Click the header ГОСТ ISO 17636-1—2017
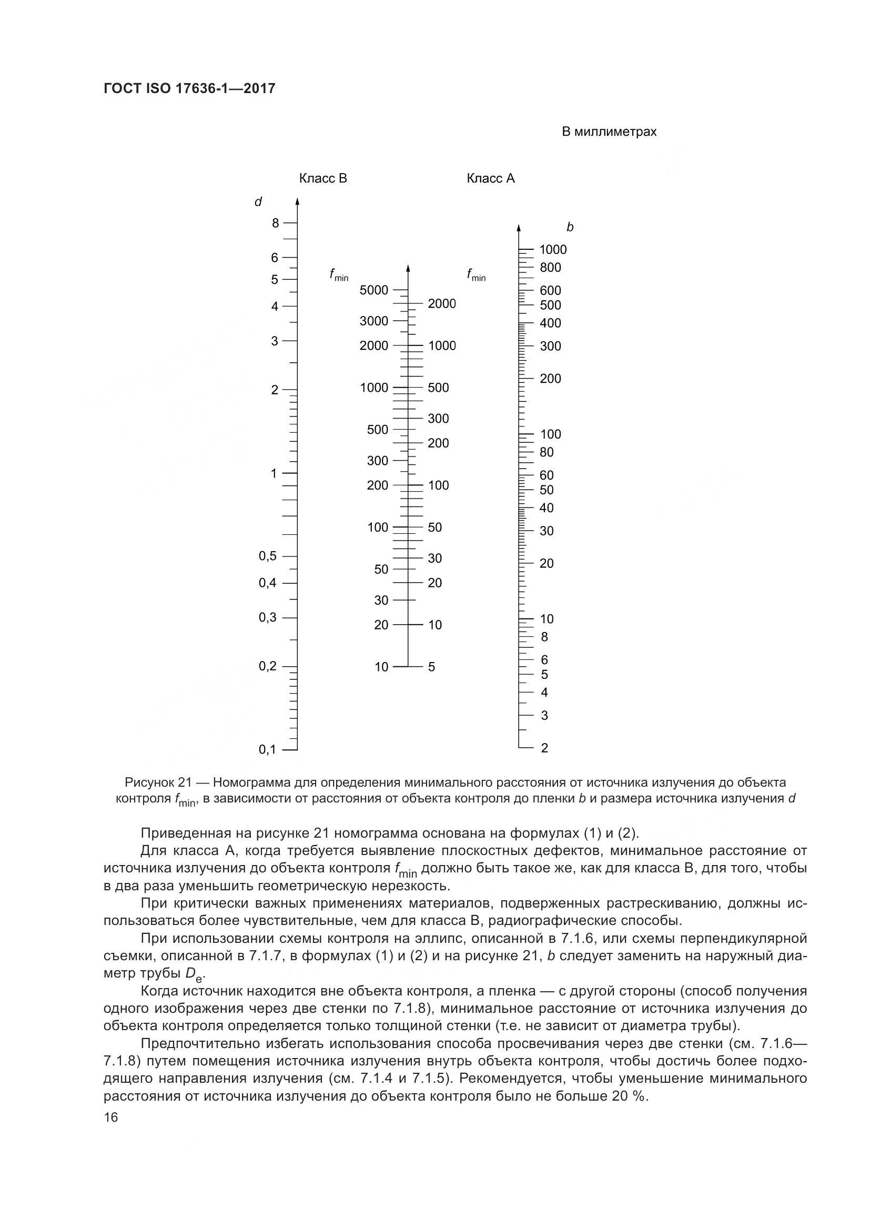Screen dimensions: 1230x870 tap(189, 88)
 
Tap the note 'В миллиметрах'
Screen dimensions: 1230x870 tap(609, 132)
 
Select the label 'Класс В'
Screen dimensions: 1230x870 tap(323, 178)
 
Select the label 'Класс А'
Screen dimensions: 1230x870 tap(491, 178)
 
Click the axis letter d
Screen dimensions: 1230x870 tap(258, 202)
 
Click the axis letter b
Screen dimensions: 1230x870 tap(570, 228)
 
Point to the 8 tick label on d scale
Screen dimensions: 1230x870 tap(275, 223)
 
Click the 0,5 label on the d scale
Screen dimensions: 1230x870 tap(267, 556)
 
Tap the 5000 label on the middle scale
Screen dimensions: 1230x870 tap(374, 290)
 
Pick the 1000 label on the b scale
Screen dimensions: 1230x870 tap(553, 250)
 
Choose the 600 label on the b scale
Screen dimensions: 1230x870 tap(550, 290)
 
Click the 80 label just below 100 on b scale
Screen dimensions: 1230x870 tap(547, 452)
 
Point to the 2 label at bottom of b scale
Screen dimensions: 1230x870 tap(544, 748)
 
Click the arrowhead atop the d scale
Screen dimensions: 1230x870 tap(297, 201)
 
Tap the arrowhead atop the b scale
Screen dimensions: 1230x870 tap(519, 228)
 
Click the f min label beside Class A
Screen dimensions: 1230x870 tap(476, 276)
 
